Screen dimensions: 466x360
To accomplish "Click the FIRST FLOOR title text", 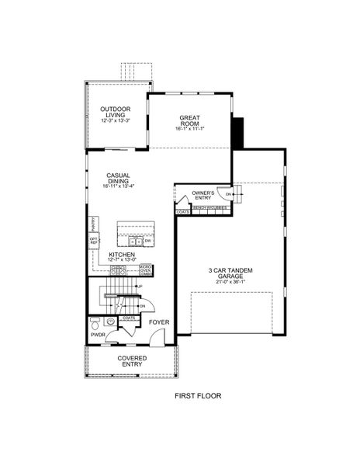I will [197, 395].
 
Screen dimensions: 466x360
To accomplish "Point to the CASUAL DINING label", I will [118, 179].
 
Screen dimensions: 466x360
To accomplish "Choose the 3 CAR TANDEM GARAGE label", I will [230, 274].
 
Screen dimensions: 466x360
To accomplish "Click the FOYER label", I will [160, 322].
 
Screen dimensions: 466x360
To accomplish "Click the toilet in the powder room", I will [94, 320].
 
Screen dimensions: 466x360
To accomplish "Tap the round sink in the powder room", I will [110, 320].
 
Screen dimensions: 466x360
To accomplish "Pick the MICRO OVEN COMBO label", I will [145, 270].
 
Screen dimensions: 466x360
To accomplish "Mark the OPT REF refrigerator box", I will [94, 242].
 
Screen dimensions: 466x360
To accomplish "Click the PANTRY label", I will [93, 223].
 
